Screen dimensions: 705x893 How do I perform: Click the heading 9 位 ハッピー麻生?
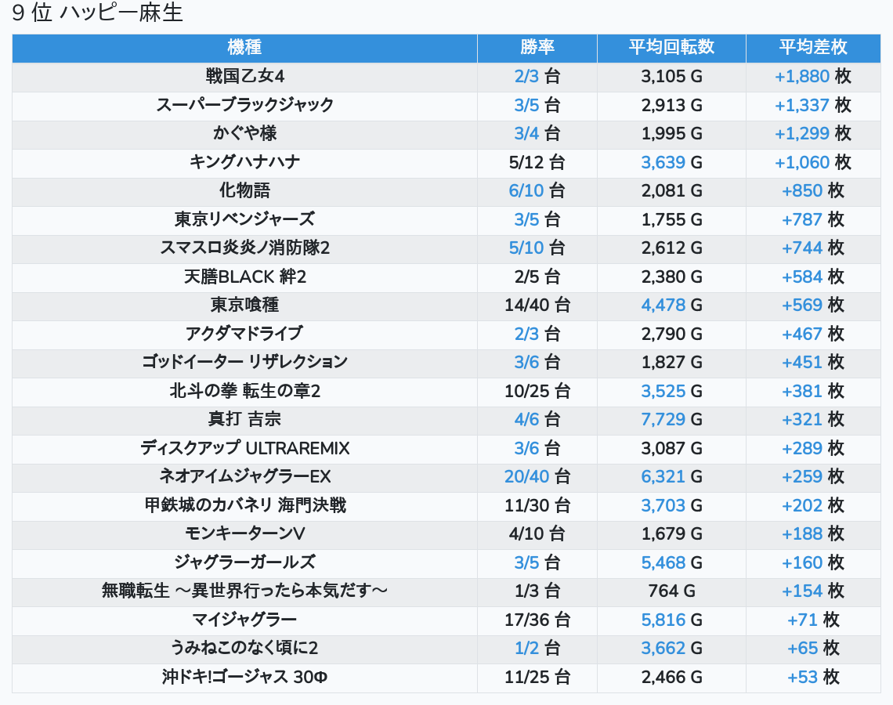(98, 13)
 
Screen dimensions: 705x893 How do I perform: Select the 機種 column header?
(244, 48)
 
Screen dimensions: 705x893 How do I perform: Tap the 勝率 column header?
(537, 48)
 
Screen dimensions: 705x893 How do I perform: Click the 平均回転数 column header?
(671, 48)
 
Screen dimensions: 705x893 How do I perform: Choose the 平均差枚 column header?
(813, 48)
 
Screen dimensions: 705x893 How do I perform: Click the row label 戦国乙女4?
(244, 77)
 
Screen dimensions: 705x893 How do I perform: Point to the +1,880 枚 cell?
(813, 77)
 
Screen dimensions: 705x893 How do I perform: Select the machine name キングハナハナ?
(244, 162)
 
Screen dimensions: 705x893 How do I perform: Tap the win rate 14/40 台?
(537, 305)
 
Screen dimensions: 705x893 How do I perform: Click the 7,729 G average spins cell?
(671, 419)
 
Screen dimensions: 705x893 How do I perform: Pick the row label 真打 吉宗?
(244, 419)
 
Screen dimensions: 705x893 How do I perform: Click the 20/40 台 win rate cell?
(537, 476)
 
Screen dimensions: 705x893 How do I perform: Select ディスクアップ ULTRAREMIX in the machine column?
(244, 448)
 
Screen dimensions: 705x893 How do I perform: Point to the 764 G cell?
(671, 591)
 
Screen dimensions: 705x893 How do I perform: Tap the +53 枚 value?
(813, 677)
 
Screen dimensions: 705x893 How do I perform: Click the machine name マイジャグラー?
(244, 620)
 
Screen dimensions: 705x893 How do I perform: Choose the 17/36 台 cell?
(537, 620)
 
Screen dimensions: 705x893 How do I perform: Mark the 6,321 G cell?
(671, 476)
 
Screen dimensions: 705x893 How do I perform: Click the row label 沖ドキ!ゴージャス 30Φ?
(244, 677)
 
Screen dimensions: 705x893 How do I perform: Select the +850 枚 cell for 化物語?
(813, 191)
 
